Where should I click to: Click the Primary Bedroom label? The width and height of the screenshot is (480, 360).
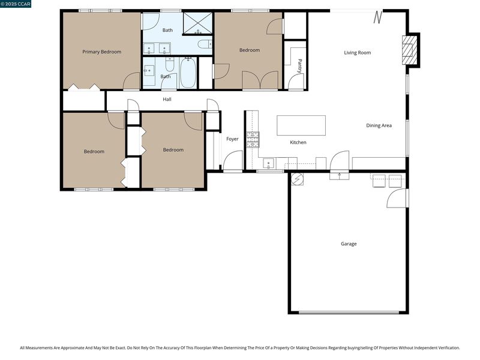[101, 52]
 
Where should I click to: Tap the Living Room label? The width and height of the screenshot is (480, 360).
[357, 53]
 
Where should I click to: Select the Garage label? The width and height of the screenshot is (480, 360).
[349, 244]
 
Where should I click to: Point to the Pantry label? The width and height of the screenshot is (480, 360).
[299, 66]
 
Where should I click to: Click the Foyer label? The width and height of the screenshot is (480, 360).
[232, 139]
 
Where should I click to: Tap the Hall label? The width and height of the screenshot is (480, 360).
[167, 99]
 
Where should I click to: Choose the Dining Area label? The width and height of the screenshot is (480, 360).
[379, 125]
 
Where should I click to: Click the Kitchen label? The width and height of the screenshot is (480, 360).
[298, 142]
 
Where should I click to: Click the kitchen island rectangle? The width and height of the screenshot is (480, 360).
[301, 125]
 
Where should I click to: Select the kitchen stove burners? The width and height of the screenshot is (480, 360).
[253, 140]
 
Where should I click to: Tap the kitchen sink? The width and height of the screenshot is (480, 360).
[268, 163]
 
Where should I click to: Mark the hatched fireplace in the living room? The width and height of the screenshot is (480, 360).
[410, 50]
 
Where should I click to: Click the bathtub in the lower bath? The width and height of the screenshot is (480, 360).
[188, 73]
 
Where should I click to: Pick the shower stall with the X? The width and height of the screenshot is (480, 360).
[197, 23]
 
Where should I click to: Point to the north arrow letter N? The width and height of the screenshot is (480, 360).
[378, 17]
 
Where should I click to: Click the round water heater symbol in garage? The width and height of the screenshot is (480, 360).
[297, 179]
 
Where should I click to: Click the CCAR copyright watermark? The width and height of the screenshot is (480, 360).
[16, 4]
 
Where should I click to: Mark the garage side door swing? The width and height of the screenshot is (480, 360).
[397, 198]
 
